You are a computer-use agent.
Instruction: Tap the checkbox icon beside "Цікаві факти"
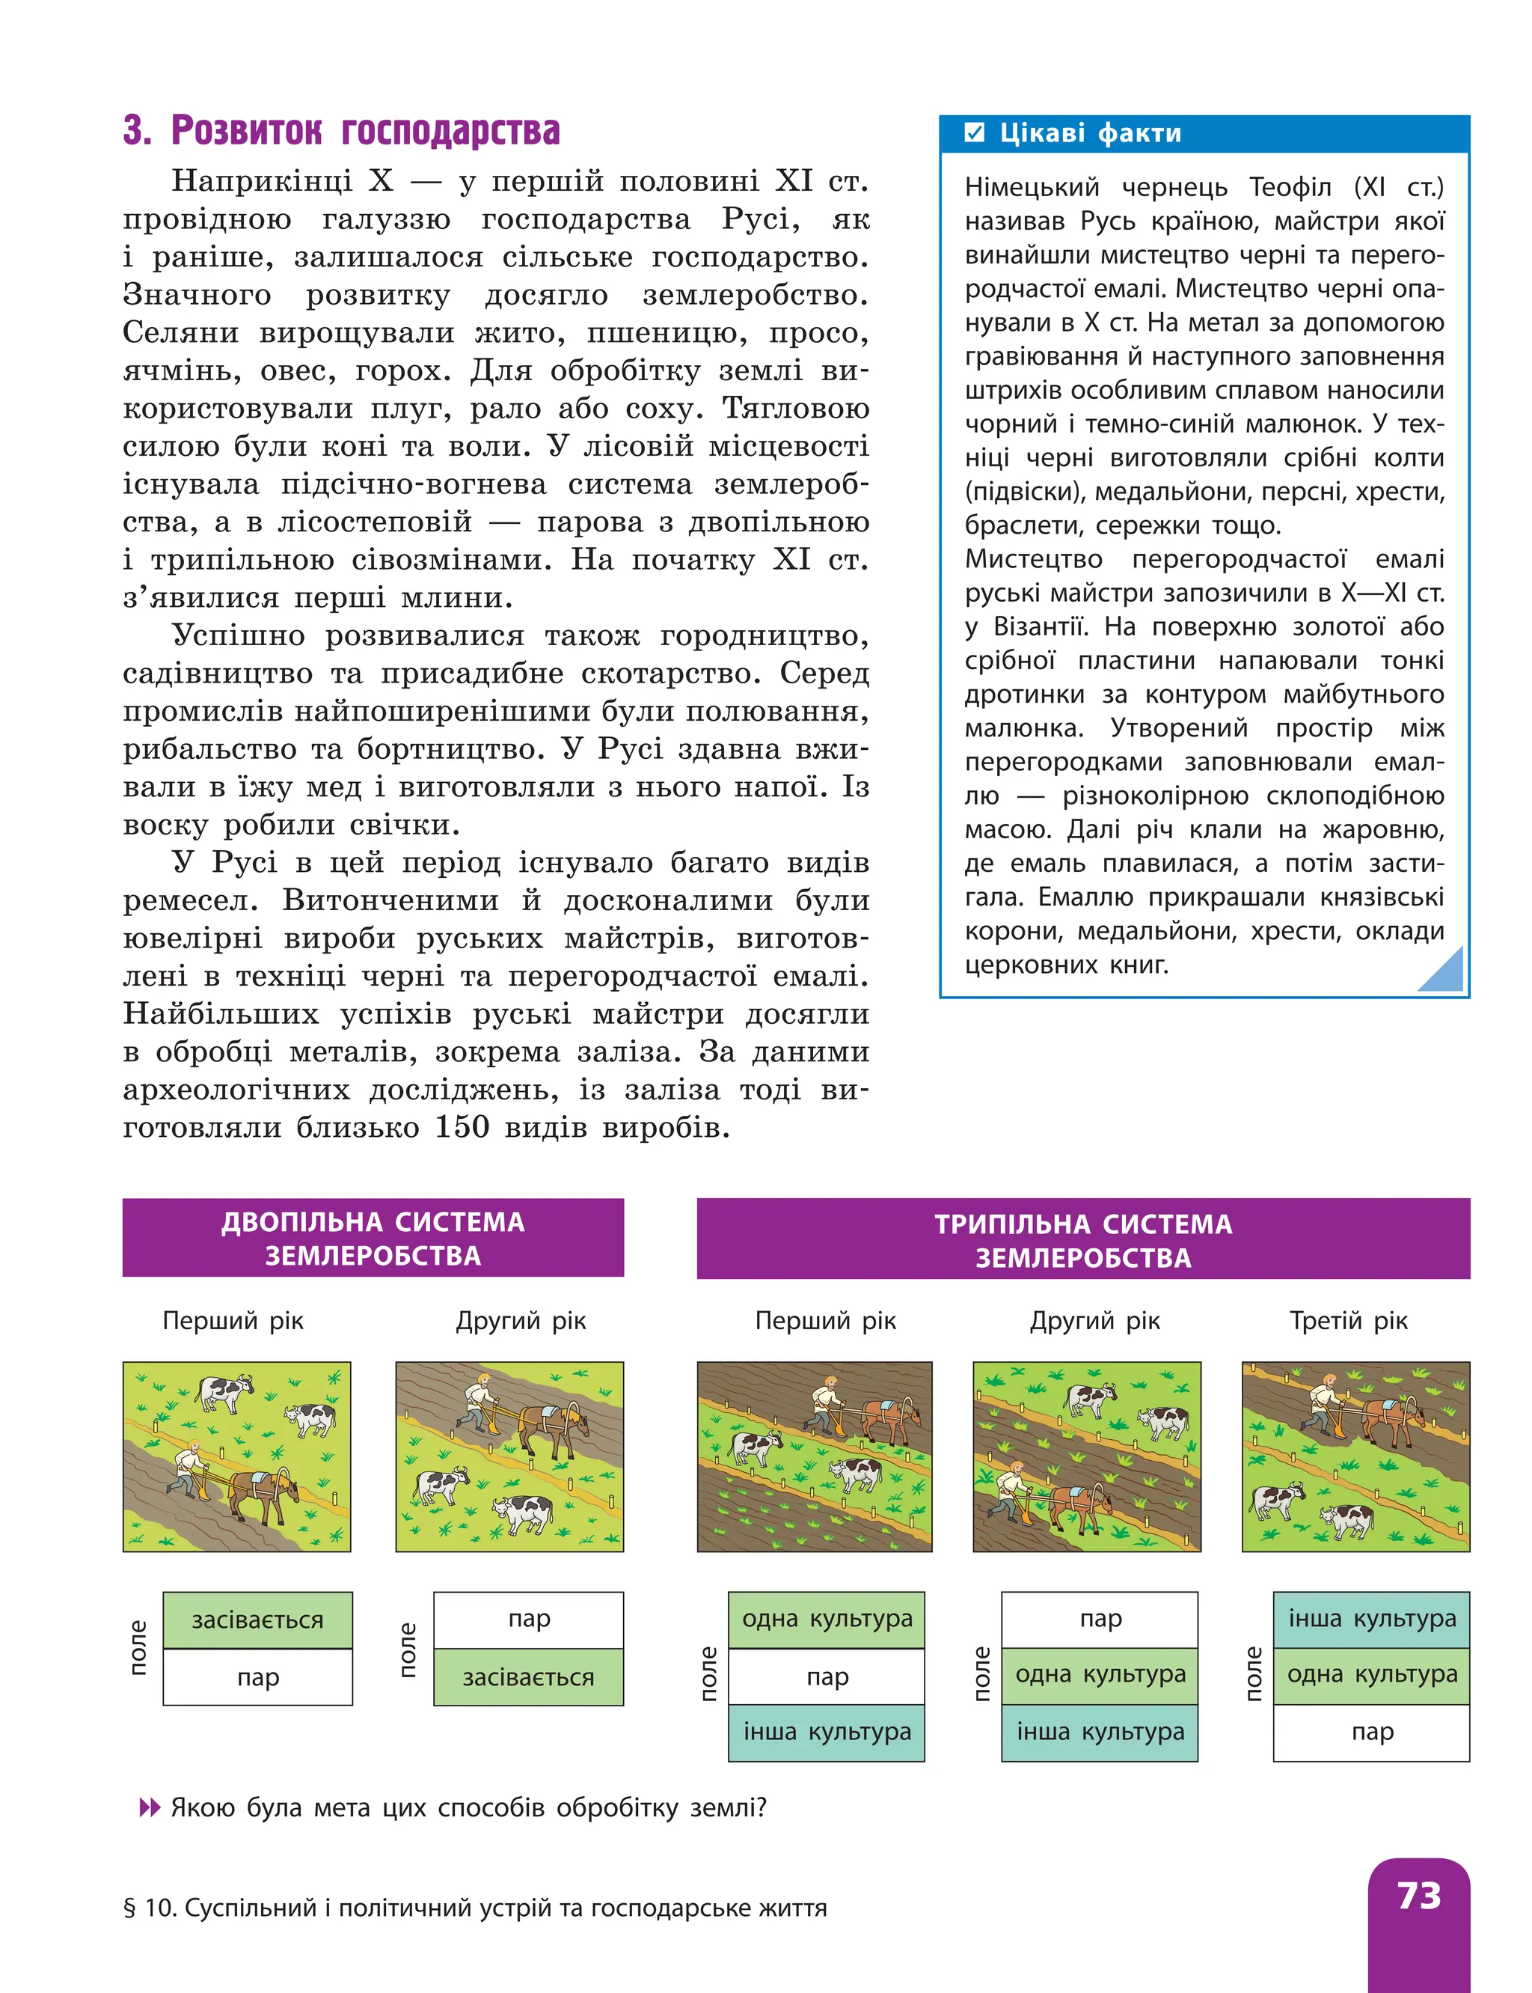pyautogui.click(x=975, y=133)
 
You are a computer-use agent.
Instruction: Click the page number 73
pyautogui.click(x=1418, y=1896)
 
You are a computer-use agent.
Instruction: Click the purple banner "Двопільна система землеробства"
pyautogui.click(x=373, y=1238)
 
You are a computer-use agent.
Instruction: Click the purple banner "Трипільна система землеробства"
pyautogui.click(x=1082, y=1239)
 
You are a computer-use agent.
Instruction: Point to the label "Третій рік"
pyautogui.click(x=1348, y=1321)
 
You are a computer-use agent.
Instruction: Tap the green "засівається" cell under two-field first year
pyautogui.click(x=257, y=1620)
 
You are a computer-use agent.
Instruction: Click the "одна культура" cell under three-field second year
pyautogui.click(x=1100, y=1675)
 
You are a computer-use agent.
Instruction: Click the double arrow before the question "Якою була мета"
pyautogui.click(x=149, y=1808)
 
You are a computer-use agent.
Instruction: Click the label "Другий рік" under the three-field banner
pyautogui.click(x=1094, y=1321)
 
